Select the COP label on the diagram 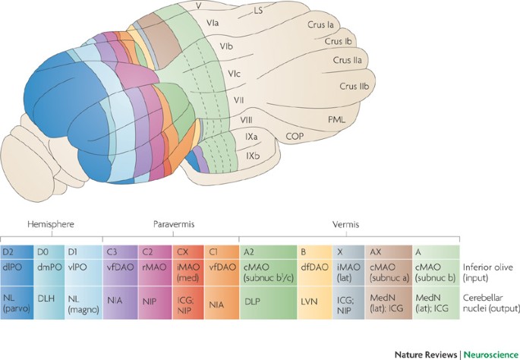coord(295,137)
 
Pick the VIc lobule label coord(235,74)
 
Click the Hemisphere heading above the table coord(44,226)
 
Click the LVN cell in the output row coord(308,300)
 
